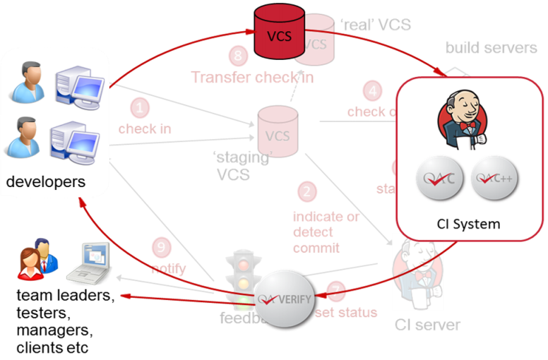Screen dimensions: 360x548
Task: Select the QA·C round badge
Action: (x=439, y=179)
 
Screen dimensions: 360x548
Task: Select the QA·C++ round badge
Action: (x=494, y=179)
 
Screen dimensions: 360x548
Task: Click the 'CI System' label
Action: (x=468, y=224)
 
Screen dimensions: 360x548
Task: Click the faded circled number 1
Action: (x=141, y=108)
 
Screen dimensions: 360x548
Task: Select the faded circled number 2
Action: (x=306, y=191)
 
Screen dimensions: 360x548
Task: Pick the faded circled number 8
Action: (x=239, y=55)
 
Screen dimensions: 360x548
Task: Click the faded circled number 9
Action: (x=162, y=248)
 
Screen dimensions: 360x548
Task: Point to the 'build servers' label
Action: (x=491, y=47)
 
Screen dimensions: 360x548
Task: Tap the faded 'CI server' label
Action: (x=428, y=325)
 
